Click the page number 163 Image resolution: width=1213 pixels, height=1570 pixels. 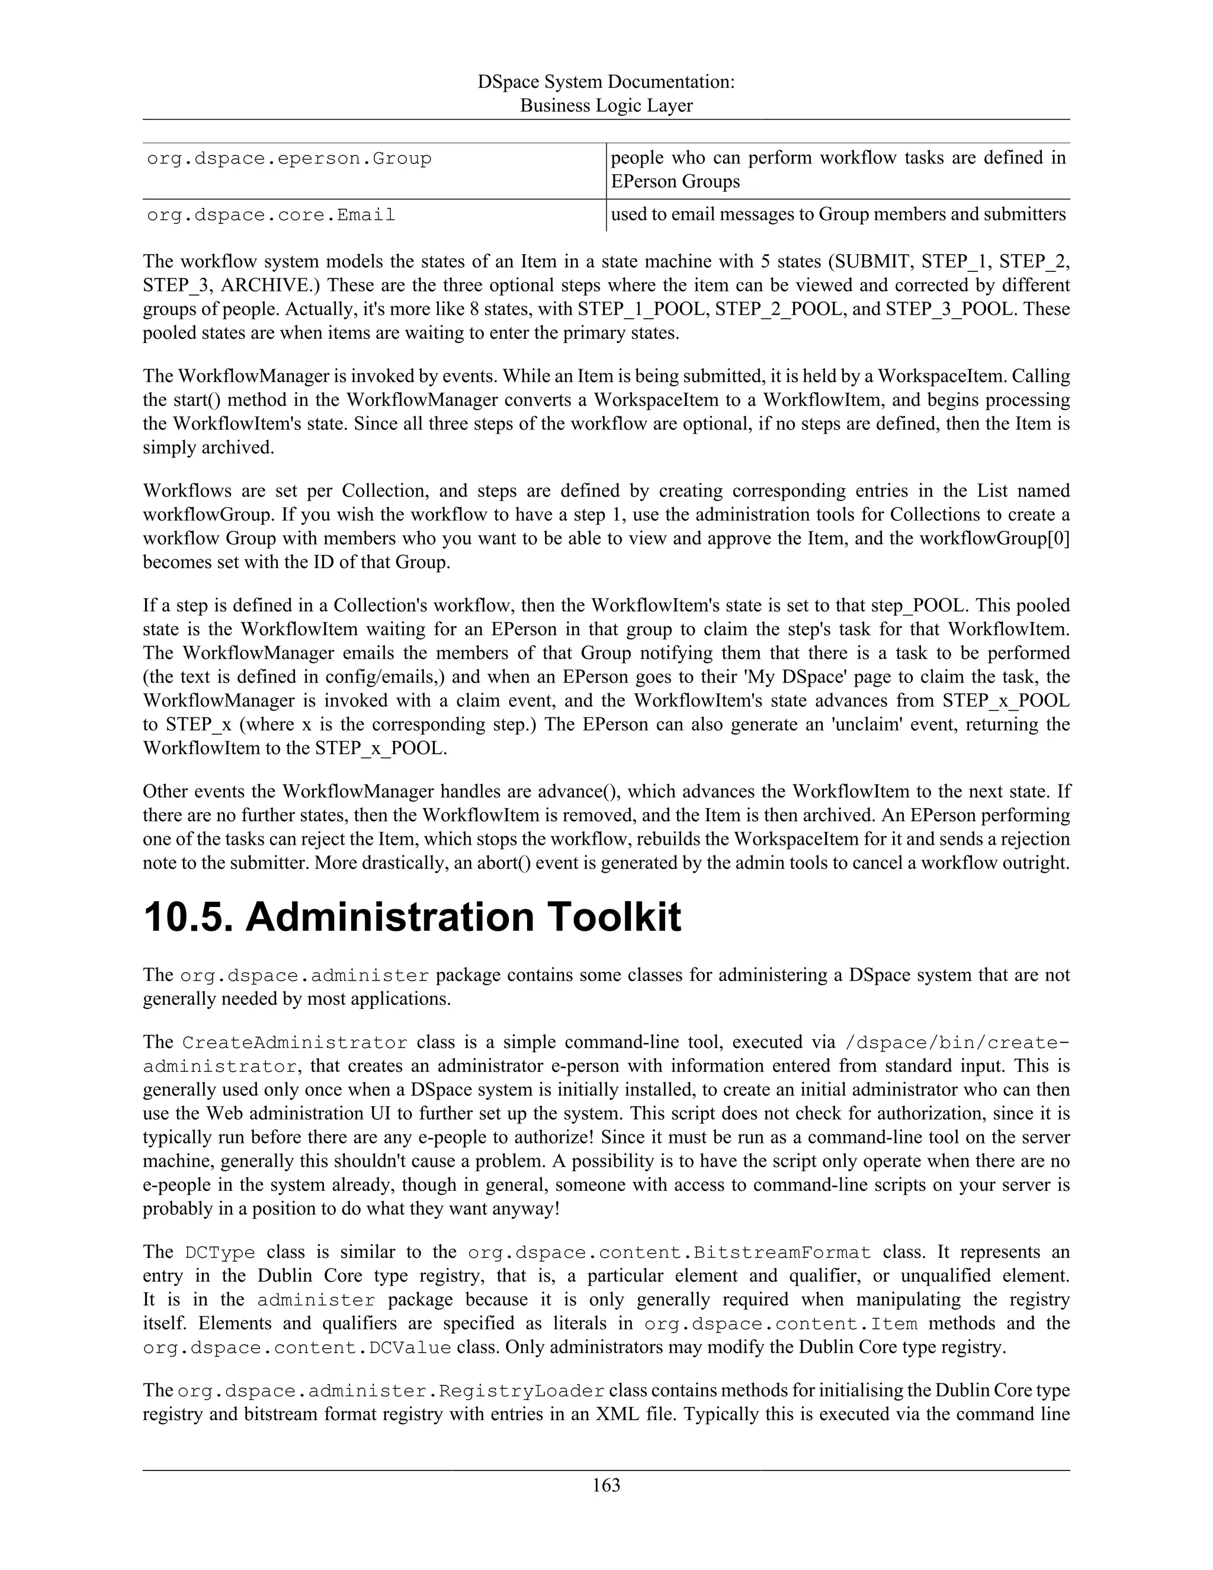(x=606, y=1485)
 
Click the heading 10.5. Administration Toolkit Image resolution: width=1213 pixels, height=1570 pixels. (x=412, y=918)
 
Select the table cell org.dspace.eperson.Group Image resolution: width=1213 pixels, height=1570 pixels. (x=289, y=159)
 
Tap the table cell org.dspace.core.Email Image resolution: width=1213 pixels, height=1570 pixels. (x=271, y=216)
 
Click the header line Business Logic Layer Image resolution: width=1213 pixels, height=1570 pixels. (x=606, y=105)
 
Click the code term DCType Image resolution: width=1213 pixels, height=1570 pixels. (x=220, y=1253)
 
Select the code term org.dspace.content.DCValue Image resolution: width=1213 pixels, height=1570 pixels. (x=297, y=1348)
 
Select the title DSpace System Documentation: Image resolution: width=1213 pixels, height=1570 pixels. (x=606, y=82)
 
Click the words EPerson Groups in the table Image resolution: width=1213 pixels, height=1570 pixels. (x=675, y=182)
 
